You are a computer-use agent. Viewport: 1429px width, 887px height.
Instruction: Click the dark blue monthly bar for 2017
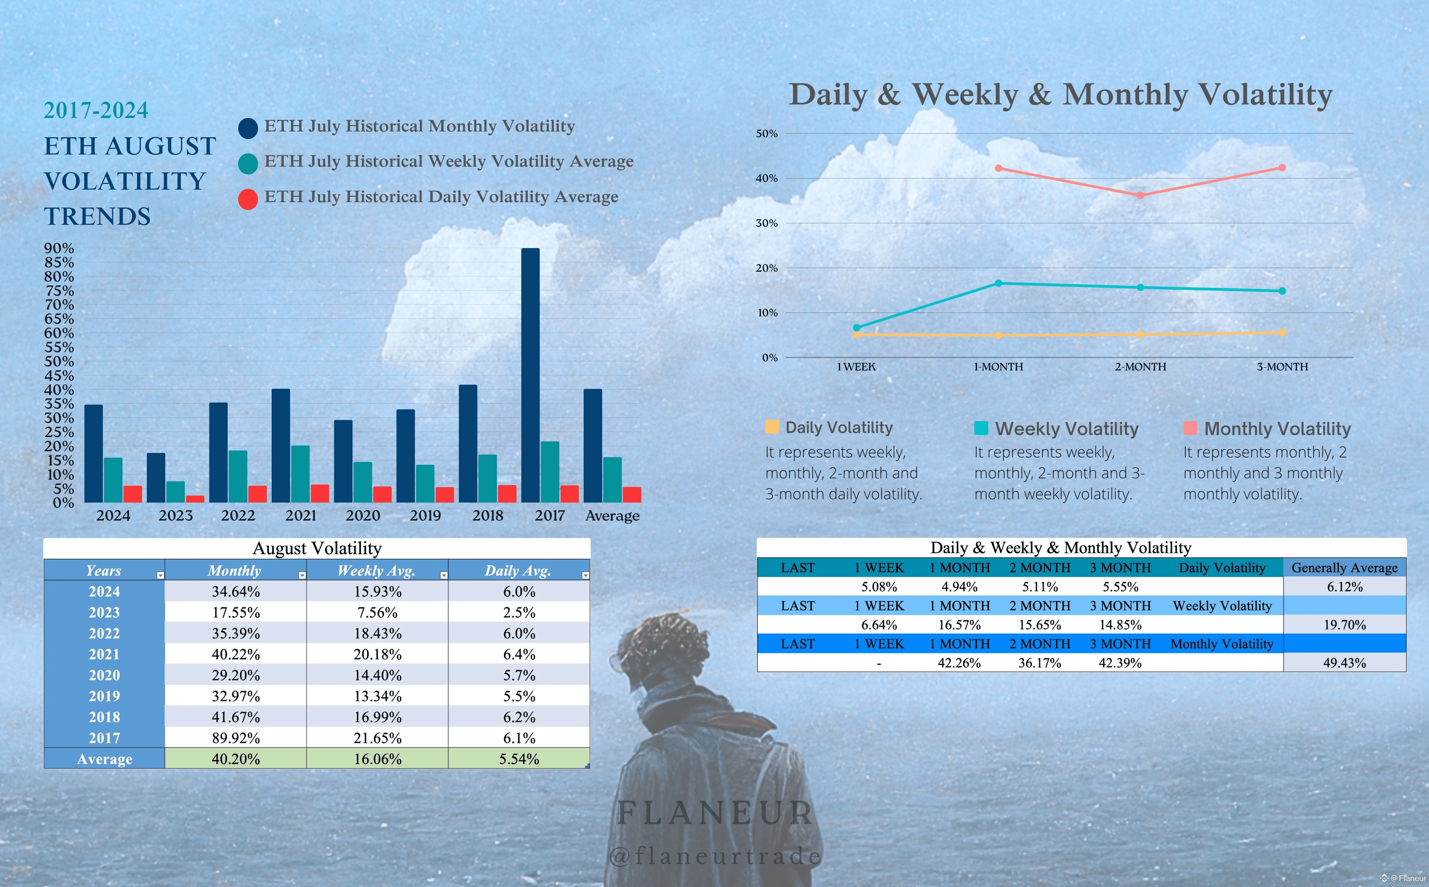coord(530,376)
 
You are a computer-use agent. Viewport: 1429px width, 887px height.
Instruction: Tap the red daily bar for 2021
coord(319,494)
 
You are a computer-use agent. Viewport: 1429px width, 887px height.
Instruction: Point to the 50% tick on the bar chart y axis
coord(59,361)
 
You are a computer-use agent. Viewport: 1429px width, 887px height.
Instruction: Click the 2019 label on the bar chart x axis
coord(425,516)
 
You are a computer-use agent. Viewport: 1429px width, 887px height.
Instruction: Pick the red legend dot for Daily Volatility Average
coord(248,199)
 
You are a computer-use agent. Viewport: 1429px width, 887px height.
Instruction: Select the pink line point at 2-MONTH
coord(1140,195)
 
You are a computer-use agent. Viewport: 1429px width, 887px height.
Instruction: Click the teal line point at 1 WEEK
coord(857,328)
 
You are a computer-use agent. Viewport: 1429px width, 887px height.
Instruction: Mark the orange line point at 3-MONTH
coord(1282,333)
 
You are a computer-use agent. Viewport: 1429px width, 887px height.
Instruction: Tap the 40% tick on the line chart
coord(766,178)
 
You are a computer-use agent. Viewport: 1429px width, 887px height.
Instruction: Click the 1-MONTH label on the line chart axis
coord(998,367)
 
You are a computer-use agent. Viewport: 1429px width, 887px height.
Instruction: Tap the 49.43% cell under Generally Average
coord(1344,663)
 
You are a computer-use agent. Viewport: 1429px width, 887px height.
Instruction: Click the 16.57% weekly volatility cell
coord(959,625)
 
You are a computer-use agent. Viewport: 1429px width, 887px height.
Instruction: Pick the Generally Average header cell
coord(1344,568)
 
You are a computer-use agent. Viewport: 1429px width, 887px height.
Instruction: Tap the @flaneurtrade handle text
coord(715,856)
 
